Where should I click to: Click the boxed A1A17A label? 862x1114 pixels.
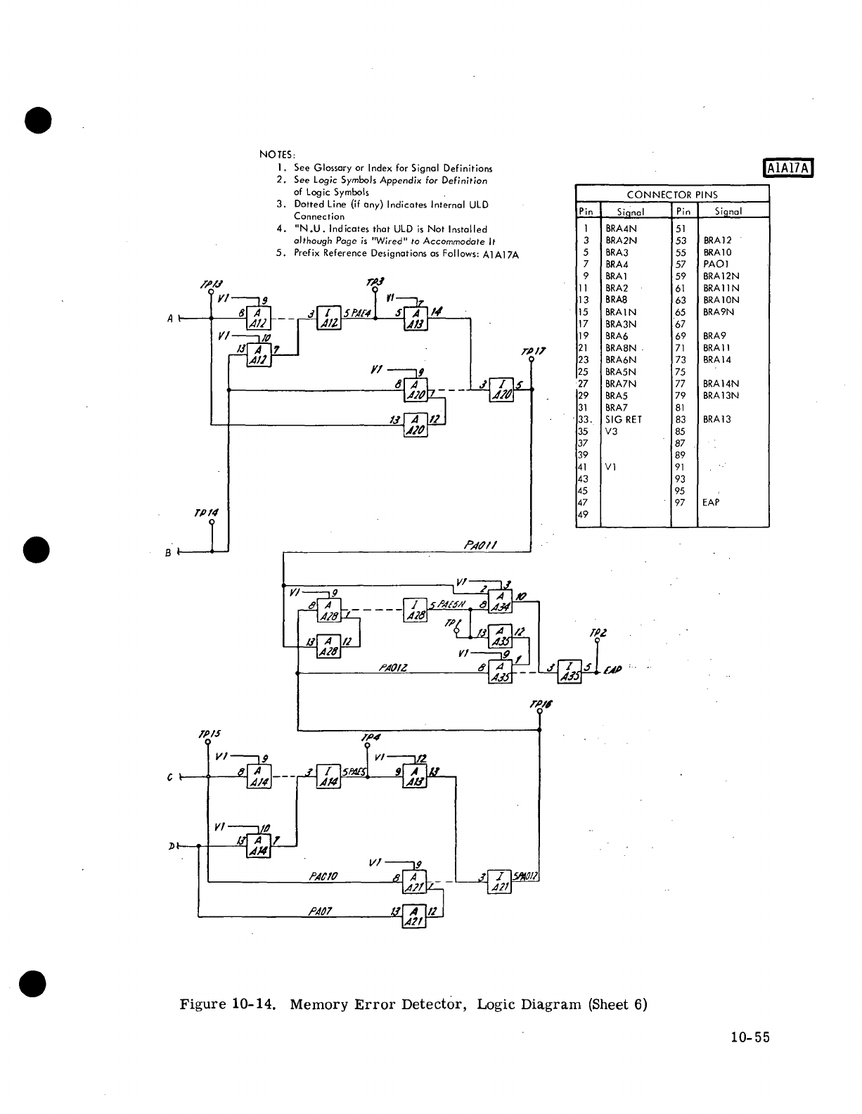tap(787, 168)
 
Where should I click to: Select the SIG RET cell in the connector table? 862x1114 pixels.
tap(623, 419)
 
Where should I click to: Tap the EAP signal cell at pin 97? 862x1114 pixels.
tap(711, 502)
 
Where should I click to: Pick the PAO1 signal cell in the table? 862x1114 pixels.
tap(714, 264)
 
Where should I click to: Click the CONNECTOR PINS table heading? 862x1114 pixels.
tap(671, 195)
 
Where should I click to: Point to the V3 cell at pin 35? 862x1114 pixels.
tap(612, 431)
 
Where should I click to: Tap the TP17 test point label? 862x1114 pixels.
tap(532, 352)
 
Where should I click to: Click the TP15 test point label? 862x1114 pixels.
tap(209, 732)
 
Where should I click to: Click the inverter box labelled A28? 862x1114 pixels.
tap(415, 610)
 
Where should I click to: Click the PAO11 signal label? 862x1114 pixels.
tap(481, 544)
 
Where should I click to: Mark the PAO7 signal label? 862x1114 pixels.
tap(321, 911)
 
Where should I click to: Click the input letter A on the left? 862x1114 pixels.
tap(170, 319)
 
